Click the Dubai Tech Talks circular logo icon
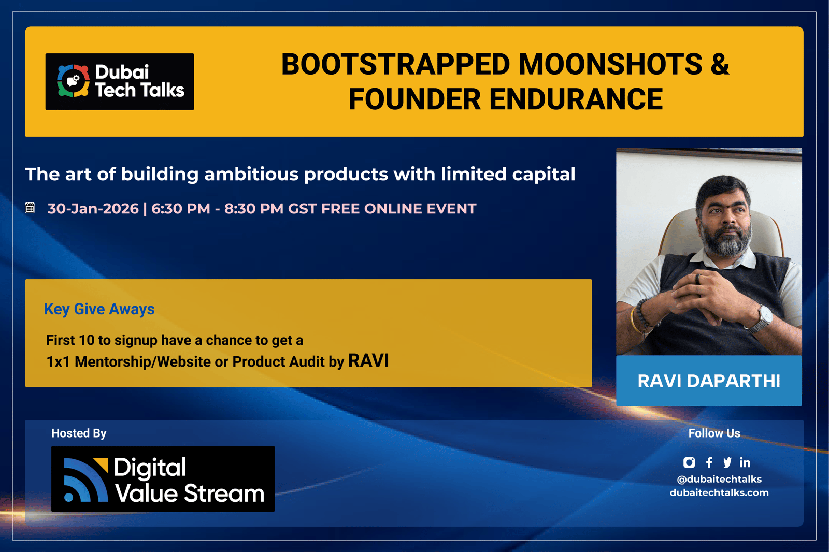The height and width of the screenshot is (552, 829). pyautogui.click(x=73, y=81)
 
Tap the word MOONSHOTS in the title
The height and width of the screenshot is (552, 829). pyautogui.click(x=610, y=64)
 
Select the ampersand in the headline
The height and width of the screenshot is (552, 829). pyautogui.click(x=720, y=64)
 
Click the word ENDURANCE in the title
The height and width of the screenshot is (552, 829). pyautogui.click(x=576, y=99)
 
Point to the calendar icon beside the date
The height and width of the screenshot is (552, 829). pyautogui.click(x=30, y=208)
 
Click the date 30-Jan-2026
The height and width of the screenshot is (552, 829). pyautogui.click(x=93, y=209)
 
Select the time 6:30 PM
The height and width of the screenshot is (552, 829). pyautogui.click(x=181, y=209)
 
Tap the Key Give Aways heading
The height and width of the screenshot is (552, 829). pyautogui.click(x=99, y=309)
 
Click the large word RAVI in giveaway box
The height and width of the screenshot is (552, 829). pyautogui.click(x=368, y=361)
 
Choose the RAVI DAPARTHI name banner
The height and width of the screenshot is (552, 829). pyautogui.click(x=709, y=381)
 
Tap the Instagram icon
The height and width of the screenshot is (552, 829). pyautogui.click(x=689, y=462)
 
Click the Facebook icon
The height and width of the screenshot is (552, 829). pyautogui.click(x=709, y=462)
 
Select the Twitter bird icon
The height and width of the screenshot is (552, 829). pyautogui.click(x=727, y=462)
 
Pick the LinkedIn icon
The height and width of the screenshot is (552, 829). pyautogui.click(x=745, y=462)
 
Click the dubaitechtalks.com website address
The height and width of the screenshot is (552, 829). pyautogui.click(x=719, y=492)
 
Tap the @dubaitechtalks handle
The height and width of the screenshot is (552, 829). pyautogui.click(x=719, y=480)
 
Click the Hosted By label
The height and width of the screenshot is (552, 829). pyautogui.click(x=79, y=433)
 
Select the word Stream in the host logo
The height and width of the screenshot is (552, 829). pyautogui.click(x=224, y=493)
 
